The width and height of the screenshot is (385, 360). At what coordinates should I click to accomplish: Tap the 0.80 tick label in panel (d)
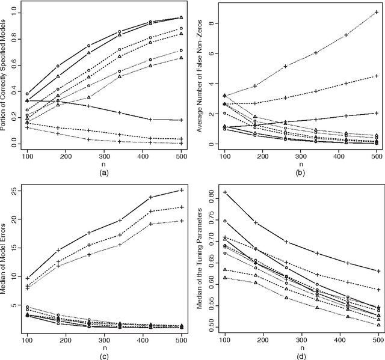pos(210,195)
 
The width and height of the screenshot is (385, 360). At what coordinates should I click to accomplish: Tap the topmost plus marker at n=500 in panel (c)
pos(182,190)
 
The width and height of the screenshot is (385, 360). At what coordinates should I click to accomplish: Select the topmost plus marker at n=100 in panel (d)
pos(225,192)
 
